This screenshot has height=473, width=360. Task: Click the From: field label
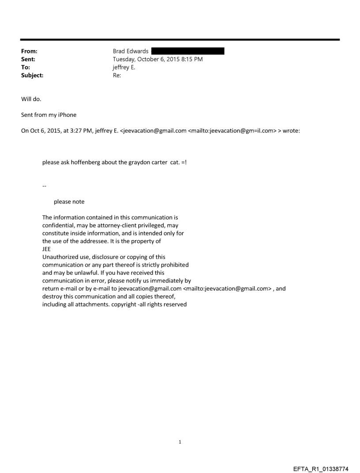pos(30,52)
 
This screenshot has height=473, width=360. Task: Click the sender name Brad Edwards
pos(131,52)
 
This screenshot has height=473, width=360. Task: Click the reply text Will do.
pos(31,99)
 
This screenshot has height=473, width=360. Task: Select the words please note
pos(69,202)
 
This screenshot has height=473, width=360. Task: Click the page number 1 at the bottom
pos(180,442)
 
